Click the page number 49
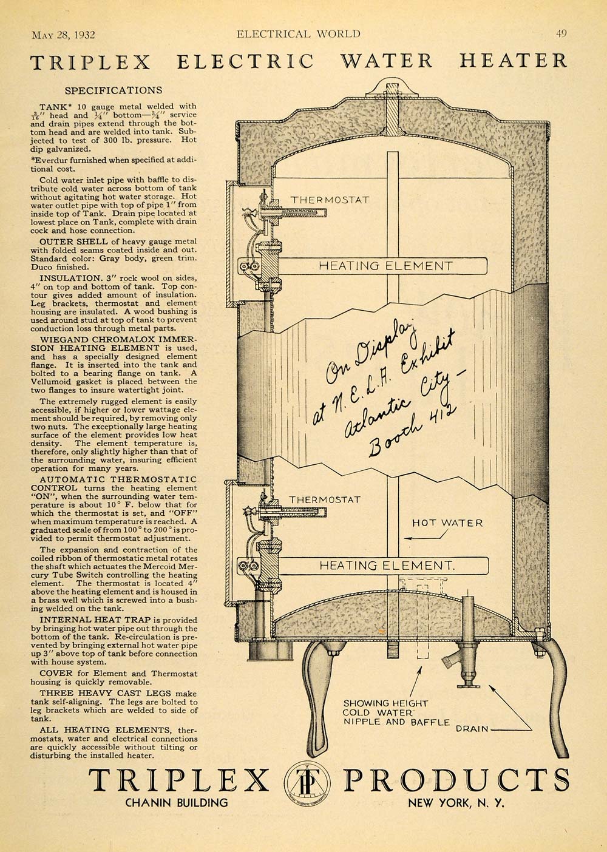pyautogui.click(x=561, y=34)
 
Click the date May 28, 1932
pyautogui.click(x=63, y=35)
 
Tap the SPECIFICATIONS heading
pyautogui.click(x=114, y=90)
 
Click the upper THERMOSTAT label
pyautogui.click(x=330, y=200)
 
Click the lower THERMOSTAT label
pyautogui.click(x=325, y=499)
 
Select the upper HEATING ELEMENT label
pyautogui.click(x=386, y=265)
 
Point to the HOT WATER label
pyautogui.click(x=447, y=523)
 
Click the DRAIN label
pyautogui.click(x=472, y=729)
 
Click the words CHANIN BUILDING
pyautogui.click(x=177, y=803)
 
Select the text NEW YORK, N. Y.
pyautogui.click(x=456, y=803)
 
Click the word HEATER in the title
pyautogui.click(x=513, y=61)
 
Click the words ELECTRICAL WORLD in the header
pyautogui.click(x=298, y=34)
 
